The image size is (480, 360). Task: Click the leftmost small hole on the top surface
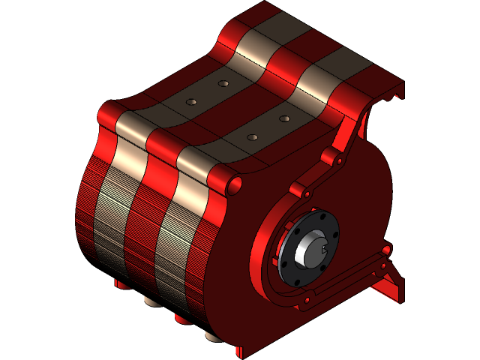(x=191, y=101)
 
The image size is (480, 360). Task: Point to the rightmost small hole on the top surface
(x=284, y=118)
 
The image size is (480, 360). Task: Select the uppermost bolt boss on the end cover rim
(x=329, y=156)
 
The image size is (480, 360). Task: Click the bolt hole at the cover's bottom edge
(x=305, y=302)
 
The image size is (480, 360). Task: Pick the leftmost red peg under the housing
(x=120, y=283)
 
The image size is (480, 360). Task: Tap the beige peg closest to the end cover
(x=214, y=336)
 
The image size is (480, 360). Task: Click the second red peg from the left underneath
(x=182, y=319)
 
